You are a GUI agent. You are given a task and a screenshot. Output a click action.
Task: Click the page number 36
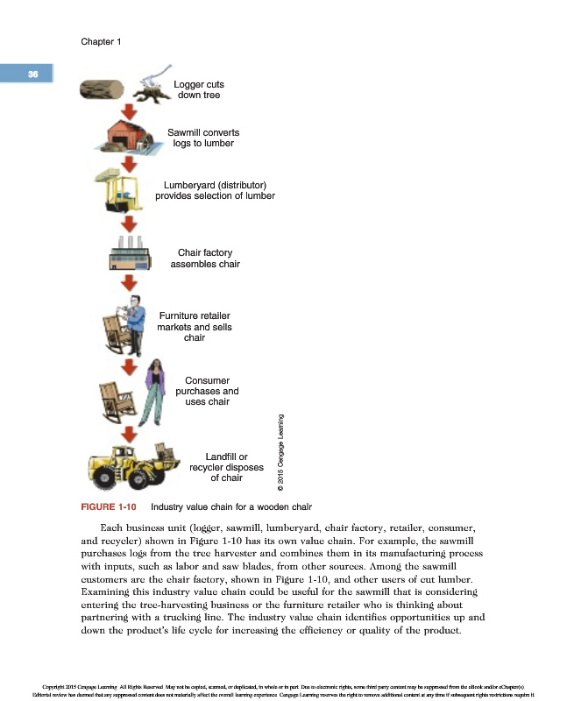pos(32,74)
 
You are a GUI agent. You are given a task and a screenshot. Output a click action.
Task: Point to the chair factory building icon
pos(130,255)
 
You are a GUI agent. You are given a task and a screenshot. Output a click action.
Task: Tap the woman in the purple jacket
pos(154,391)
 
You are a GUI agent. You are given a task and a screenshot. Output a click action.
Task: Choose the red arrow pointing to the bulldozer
pos(130,434)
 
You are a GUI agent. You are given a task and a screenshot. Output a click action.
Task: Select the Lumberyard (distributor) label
pos(215,190)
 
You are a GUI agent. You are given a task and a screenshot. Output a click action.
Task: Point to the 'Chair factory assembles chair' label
pos(204,258)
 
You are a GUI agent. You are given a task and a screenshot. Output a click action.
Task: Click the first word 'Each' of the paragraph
pos(115,529)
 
